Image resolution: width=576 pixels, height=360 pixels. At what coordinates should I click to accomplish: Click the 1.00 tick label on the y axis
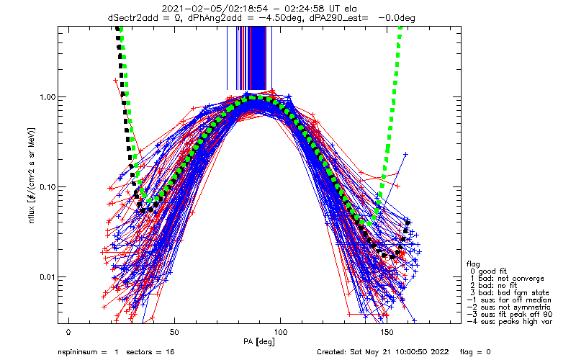click(48, 97)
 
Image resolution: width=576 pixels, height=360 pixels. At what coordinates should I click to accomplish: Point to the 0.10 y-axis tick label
click(48, 187)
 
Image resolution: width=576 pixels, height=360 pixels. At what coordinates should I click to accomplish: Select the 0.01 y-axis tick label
click(48, 277)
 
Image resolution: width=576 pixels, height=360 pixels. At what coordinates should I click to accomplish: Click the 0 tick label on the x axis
click(68, 332)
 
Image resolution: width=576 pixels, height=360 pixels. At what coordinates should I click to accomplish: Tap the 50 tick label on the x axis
click(174, 332)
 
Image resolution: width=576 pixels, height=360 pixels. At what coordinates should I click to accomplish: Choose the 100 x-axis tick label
click(280, 332)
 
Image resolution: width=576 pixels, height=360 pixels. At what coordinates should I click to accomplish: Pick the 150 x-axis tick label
click(387, 332)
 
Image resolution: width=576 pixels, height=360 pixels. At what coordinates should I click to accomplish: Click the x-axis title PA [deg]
click(259, 342)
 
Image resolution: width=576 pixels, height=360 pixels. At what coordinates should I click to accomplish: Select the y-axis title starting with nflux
click(32, 176)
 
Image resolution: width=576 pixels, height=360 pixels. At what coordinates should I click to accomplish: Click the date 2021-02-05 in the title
click(184, 9)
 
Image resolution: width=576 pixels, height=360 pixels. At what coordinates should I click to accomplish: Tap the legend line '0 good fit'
click(488, 271)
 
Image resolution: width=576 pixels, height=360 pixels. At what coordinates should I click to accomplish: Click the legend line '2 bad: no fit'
click(493, 285)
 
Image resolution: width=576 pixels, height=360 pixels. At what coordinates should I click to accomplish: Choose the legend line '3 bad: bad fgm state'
click(510, 293)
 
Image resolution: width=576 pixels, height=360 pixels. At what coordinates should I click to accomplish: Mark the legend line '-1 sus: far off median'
click(509, 300)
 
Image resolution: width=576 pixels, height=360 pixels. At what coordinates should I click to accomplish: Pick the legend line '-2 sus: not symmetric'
click(509, 307)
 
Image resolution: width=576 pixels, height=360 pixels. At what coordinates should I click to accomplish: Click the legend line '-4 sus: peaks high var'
click(510, 321)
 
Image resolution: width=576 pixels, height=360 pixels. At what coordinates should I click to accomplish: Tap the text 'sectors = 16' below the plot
click(150, 352)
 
